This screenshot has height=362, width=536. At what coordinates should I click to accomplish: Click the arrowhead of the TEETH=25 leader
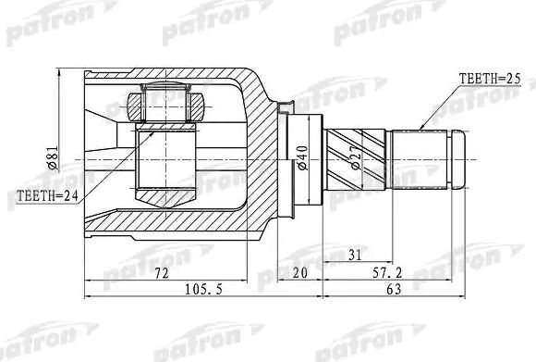tap(421, 126)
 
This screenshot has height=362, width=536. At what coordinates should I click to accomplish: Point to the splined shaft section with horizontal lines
tap(420, 160)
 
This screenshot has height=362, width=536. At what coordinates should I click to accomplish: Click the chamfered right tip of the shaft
tap(460, 160)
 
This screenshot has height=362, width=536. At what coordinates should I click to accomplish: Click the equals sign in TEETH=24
tap(56, 195)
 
